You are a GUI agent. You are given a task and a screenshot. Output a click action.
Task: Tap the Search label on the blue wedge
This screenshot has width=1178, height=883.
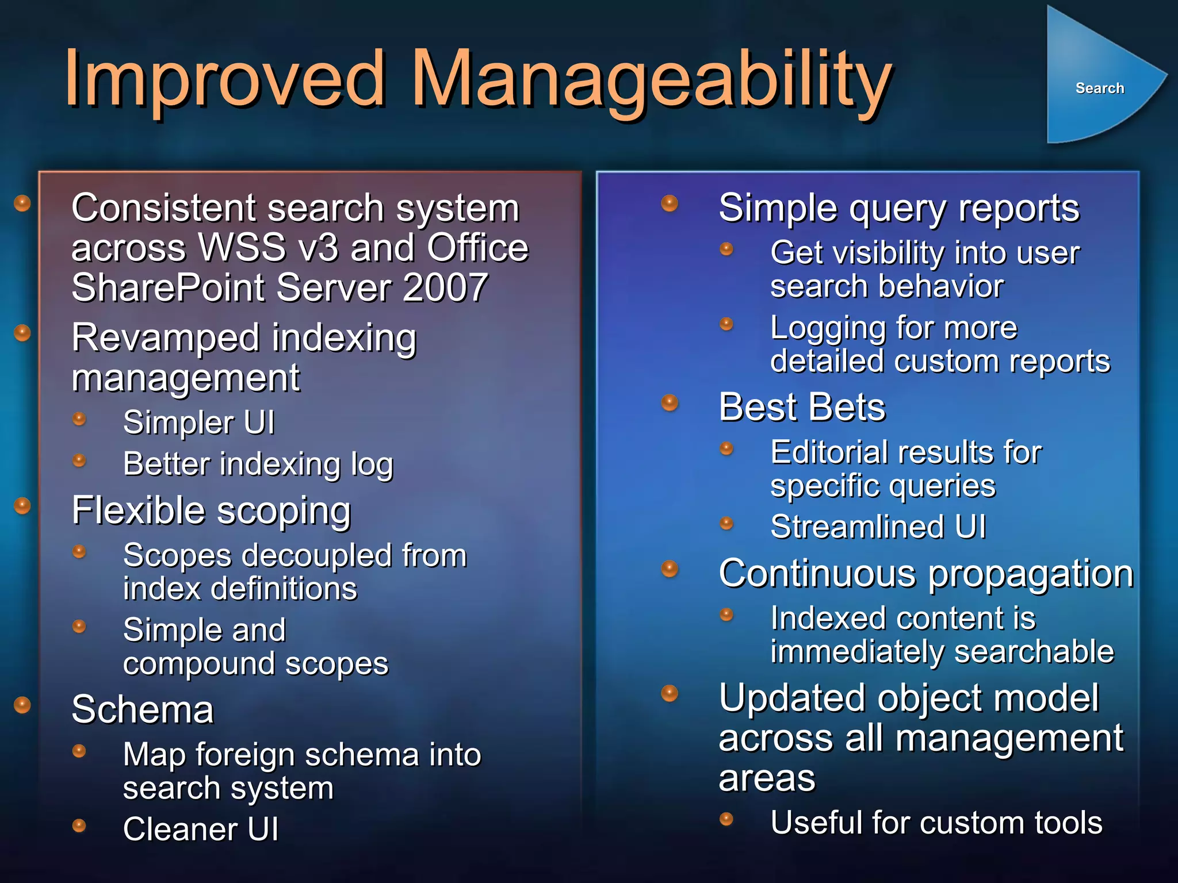pyautogui.click(x=1099, y=88)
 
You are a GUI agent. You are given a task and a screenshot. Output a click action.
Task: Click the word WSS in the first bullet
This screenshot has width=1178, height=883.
pyautogui.click(x=242, y=248)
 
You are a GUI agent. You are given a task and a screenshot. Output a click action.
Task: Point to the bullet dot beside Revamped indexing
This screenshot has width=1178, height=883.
pyautogui.click(x=22, y=333)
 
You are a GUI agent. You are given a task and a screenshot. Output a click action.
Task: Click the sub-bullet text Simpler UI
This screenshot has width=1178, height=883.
pyautogui.click(x=199, y=423)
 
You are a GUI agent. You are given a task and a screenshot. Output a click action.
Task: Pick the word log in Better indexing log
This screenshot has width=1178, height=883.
pyautogui.click(x=372, y=464)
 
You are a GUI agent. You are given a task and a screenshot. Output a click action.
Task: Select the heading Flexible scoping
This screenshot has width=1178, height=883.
pyautogui.click(x=211, y=510)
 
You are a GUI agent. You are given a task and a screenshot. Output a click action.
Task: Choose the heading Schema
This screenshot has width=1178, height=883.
pyautogui.click(x=143, y=709)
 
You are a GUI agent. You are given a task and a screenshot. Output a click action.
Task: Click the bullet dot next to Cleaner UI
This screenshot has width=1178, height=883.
pyautogui.click(x=79, y=826)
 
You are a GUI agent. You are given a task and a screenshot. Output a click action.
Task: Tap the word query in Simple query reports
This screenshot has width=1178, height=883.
pyautogui.click(x=897, y=208)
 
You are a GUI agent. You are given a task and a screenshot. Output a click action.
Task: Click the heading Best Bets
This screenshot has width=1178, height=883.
pyautogui.click(x=802, y=407)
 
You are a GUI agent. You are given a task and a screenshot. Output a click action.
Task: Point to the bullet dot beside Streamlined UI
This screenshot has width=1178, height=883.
pyautogui.click(x=727, y=523)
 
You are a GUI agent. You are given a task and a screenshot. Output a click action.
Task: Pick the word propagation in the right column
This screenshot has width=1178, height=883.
pyautogui.click(x=1031, y=574)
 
